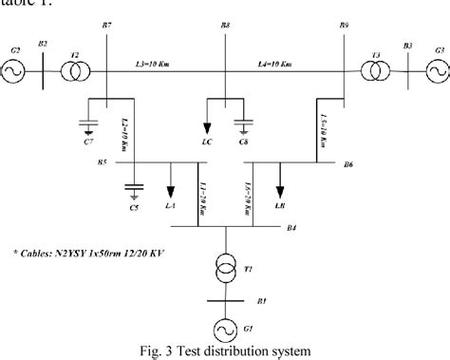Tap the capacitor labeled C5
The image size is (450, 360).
point(134,188)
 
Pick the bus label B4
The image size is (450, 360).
point(291,228)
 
